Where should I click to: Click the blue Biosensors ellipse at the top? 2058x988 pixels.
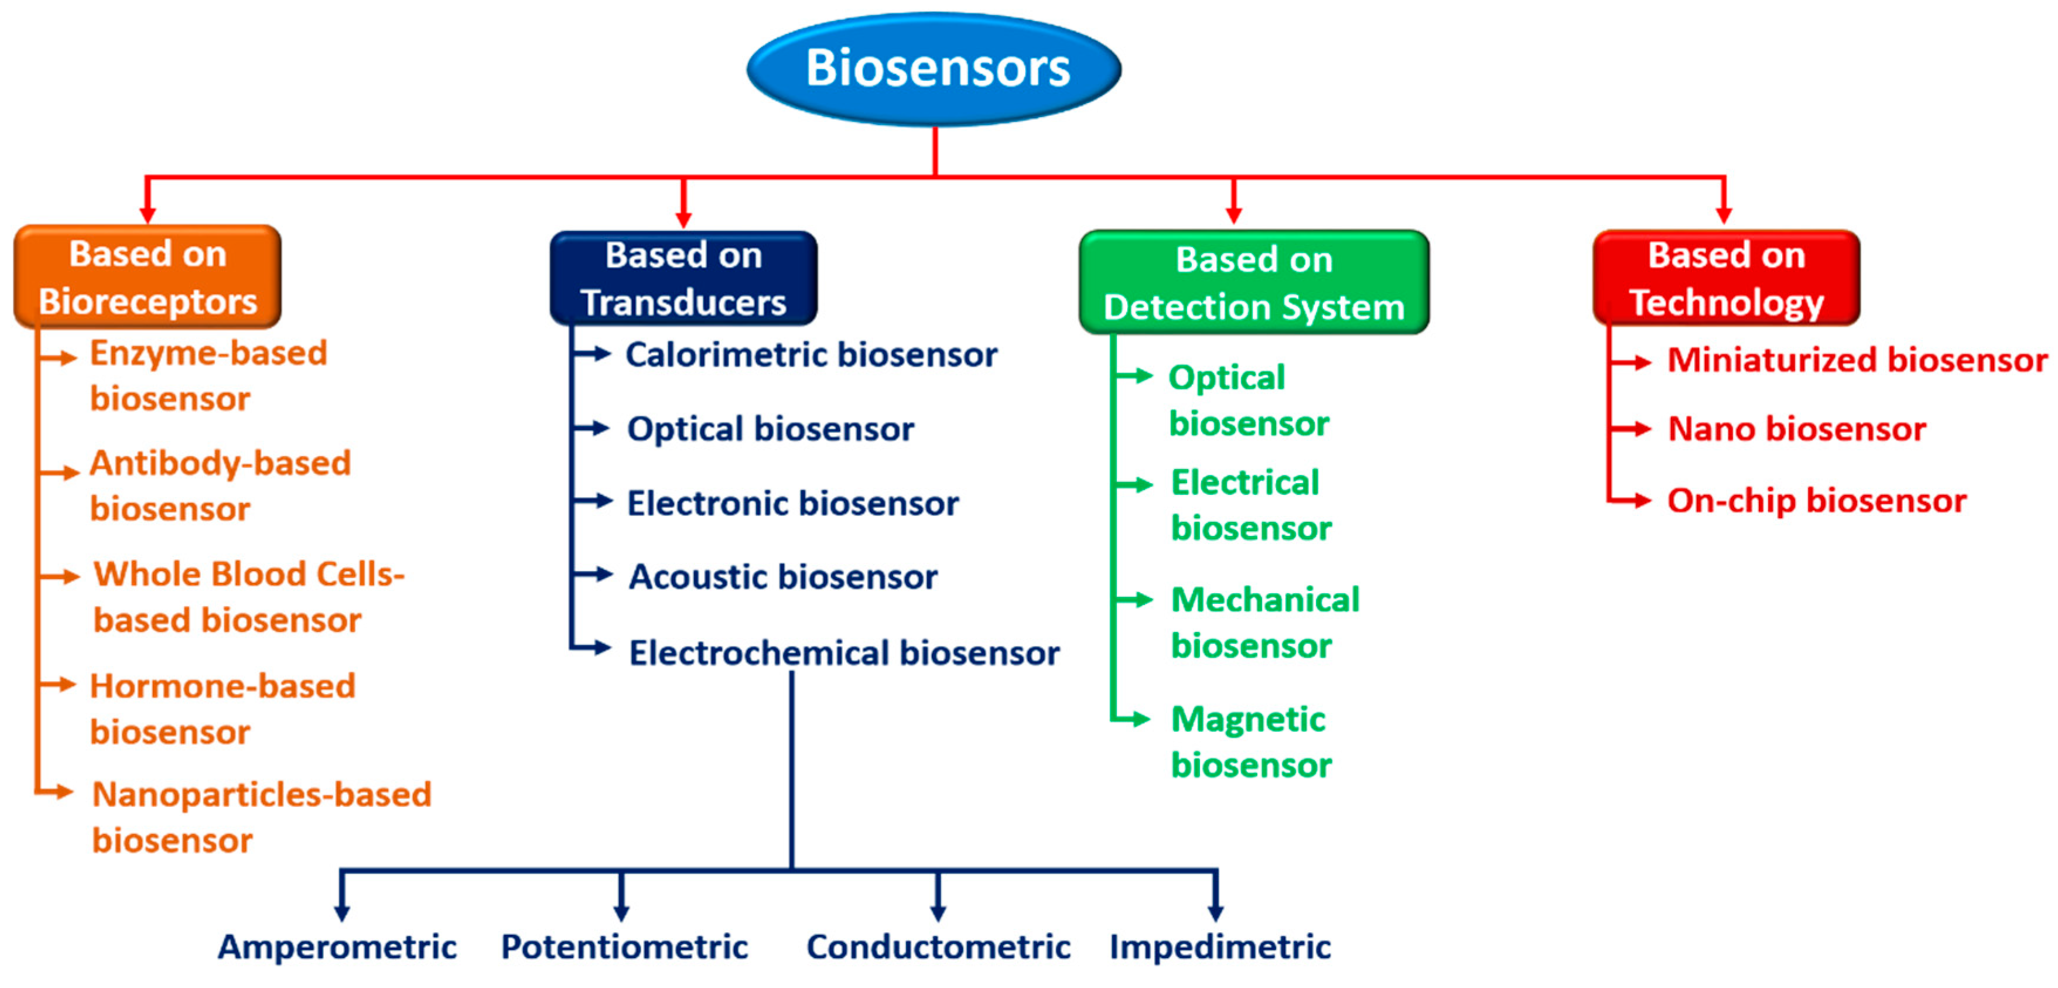coord(934,69)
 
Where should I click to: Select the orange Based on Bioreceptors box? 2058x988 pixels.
coord(148,277)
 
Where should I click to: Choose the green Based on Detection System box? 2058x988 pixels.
coord(1253,283)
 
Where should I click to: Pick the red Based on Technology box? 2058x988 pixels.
coord(1726,278)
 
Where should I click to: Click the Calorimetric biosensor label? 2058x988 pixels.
coord(811,355)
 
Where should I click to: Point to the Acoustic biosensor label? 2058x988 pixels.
coord(783,577)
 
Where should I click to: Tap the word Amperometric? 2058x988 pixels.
coord(337,946)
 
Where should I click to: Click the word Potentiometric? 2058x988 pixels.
coord(624,946)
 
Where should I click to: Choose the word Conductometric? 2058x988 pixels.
coord(938,946)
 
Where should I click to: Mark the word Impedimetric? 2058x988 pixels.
coord(1220,946)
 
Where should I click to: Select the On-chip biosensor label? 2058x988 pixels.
coord(1817,501)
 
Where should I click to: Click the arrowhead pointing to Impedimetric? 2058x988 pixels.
coord(1215,911)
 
